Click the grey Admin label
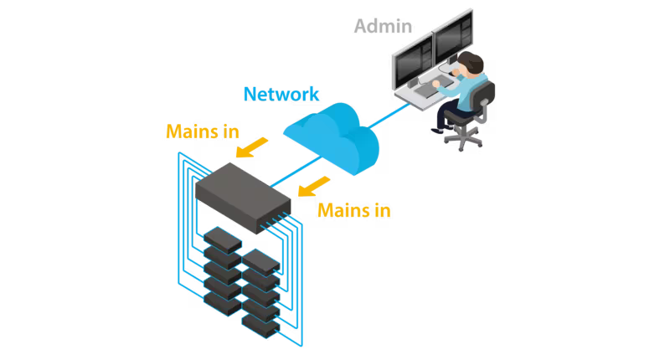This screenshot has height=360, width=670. [x=383, y=26]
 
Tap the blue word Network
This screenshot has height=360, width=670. [x=281, y=93]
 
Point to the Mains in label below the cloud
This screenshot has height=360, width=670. [x=353, y=209]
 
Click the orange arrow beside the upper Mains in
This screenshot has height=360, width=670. [x=250, y=147]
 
